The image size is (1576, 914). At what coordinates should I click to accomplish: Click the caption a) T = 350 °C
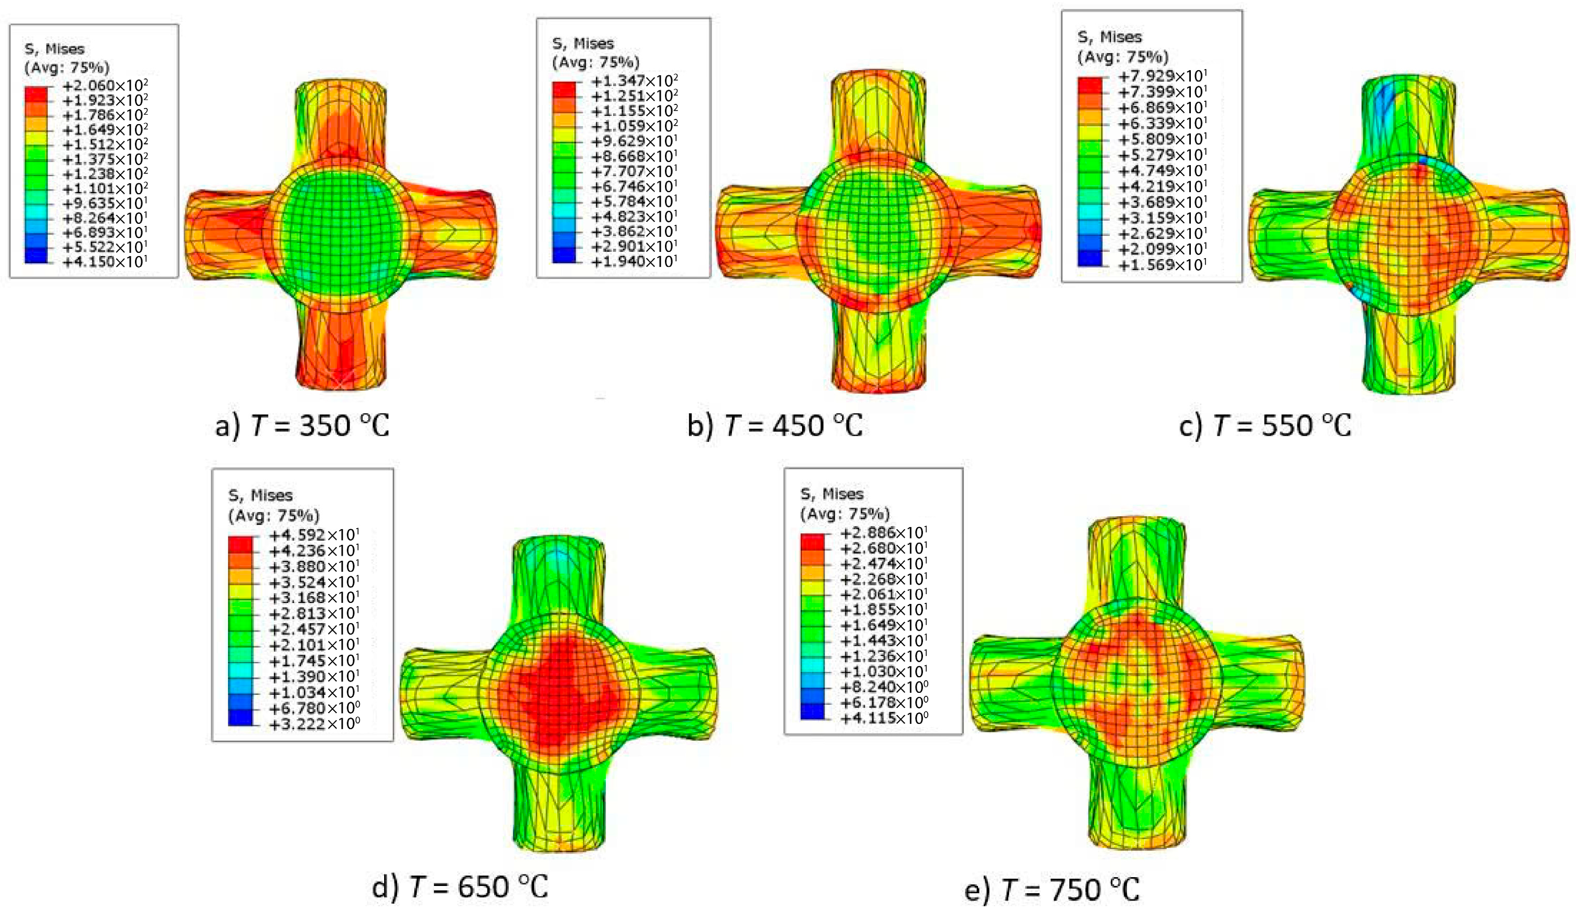coord(302,426)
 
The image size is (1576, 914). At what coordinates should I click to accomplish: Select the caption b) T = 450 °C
coord(775,426)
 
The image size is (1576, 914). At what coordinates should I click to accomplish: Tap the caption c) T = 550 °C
coord(1265,426)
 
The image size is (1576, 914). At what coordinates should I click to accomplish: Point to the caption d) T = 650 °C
coord(460,886)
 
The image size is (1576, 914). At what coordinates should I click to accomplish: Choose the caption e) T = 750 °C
coord(1053,889)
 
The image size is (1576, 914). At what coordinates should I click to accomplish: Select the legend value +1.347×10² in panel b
coord(635,80)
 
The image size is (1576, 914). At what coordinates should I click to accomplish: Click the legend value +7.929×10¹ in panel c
coord(1162,76)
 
